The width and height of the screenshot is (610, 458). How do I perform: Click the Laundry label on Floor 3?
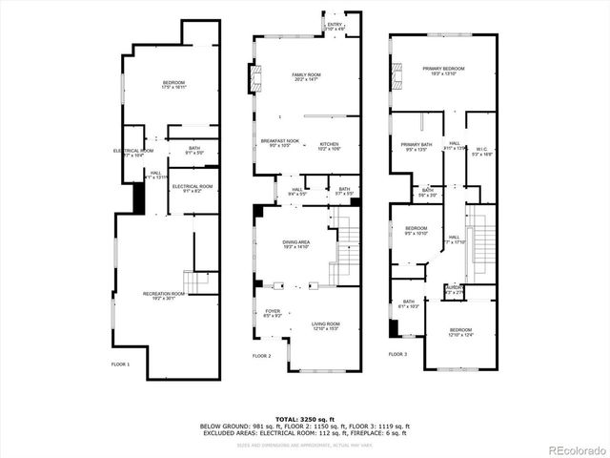[x=455, y=289]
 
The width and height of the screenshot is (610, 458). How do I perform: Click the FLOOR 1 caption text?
[x=120, y=364]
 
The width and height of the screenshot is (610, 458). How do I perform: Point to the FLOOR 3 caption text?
[x=397, y=355]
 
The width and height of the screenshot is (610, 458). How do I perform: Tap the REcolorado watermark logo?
[x=571, y=448]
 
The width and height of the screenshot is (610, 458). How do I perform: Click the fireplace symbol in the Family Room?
[x=254, y=78]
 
